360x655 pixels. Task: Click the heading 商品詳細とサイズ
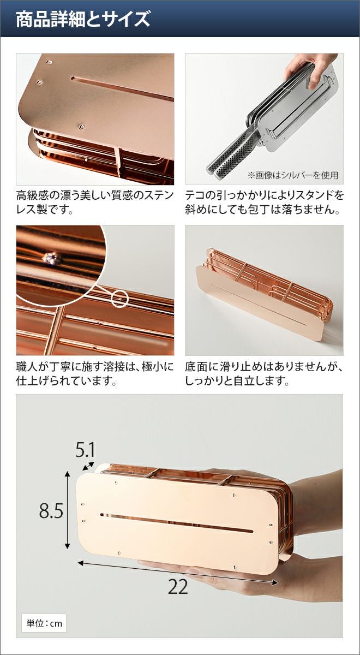83,19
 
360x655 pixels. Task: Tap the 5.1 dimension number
85,450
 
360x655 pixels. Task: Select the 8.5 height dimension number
51,511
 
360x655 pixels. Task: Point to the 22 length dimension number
178,586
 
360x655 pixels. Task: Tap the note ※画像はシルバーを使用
293,175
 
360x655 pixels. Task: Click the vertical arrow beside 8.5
68,510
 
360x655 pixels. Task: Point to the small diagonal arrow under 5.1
88,466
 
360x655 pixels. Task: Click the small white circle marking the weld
120,299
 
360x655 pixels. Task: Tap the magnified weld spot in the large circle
52,258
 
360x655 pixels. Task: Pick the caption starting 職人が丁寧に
95,373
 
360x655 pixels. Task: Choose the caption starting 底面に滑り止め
264,373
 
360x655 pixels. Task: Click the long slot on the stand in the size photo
177,522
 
